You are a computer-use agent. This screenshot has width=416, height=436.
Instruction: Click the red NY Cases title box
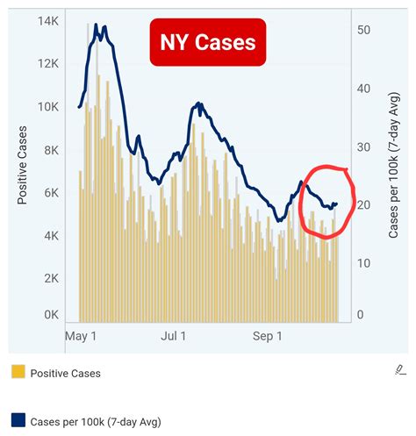[207, 41]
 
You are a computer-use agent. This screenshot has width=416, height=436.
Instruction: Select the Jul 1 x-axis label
[176, 336]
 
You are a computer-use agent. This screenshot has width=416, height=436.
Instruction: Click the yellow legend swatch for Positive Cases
[18, 373]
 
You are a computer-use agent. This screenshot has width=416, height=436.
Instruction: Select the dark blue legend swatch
[18, 421]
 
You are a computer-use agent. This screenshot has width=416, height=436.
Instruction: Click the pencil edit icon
[400, 370]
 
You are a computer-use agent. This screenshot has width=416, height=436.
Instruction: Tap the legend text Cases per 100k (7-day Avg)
[95, 422]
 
